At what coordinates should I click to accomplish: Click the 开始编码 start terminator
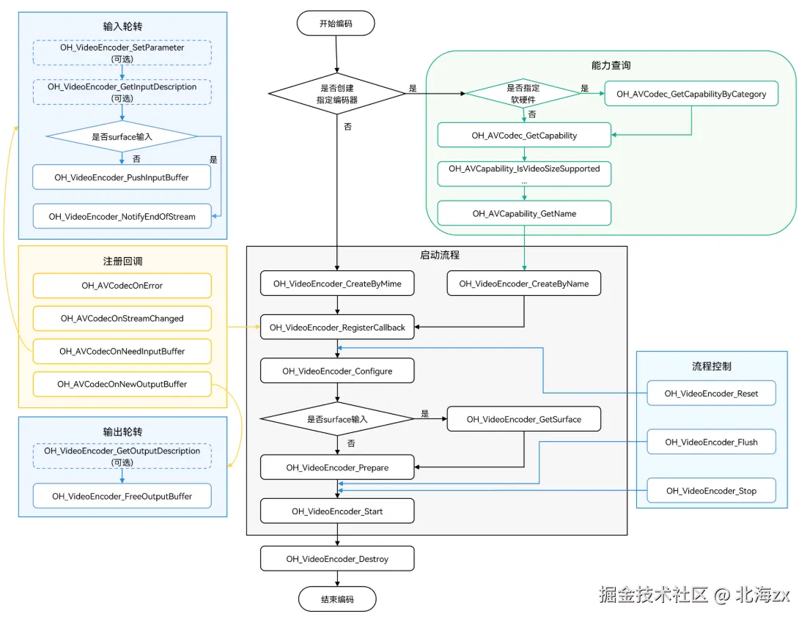(336, 23)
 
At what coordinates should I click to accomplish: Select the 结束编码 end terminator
(337, 599)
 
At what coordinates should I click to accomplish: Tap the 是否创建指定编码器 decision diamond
(337, 94)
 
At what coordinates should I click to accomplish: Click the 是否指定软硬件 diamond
(523, 94)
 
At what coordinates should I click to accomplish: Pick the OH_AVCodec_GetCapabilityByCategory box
(691, 94)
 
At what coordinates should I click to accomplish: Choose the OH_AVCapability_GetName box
(525, 213)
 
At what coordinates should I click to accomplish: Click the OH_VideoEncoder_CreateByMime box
(337, 284)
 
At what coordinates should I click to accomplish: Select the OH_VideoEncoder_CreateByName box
(524, 284)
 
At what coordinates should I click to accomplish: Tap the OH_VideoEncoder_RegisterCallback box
(337, 327)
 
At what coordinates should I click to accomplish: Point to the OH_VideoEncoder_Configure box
(337, 371)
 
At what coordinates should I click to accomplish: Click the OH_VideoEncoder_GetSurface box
(524, 419)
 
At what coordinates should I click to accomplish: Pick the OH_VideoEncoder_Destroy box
(337, 559)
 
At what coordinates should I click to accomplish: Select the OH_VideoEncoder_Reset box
(711, 393)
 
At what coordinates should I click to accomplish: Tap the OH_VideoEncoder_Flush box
(711, 442)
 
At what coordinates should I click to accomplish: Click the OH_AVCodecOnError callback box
(122, 286)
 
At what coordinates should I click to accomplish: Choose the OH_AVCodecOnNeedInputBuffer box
(122, 352)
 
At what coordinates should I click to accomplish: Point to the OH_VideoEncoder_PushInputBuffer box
(122, 177)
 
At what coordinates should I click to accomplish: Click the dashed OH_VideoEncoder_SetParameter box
(122, 53)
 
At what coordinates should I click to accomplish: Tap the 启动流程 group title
(440, 255)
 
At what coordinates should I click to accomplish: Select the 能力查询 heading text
(611, 65)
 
